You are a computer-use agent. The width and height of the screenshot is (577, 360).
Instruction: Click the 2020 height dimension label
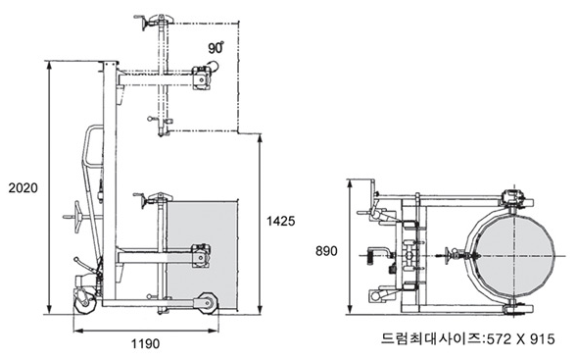tap(24, 188)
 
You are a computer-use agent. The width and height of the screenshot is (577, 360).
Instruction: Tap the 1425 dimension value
tap(281, 221)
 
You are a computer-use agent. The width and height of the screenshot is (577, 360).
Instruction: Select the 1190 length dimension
tap(146, 343)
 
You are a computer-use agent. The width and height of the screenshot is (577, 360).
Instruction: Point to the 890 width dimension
tap(326, 251)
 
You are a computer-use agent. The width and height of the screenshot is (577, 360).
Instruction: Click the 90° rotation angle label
tap(216, 48)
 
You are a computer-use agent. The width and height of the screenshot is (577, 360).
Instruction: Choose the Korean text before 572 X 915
tap(432, 338)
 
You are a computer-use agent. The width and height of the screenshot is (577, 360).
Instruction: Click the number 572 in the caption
tap(499, 339)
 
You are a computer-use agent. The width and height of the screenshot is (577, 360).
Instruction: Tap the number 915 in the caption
tap(543, 339)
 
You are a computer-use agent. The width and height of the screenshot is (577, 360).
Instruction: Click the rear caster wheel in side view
tap(84, 301)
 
